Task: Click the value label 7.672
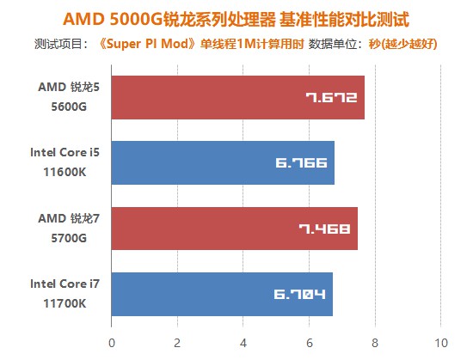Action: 331,97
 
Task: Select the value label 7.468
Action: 324,229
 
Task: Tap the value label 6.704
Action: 299,295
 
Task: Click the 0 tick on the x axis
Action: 111,342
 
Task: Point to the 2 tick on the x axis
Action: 177,342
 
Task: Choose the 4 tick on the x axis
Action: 243,342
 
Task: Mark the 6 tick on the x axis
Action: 309,342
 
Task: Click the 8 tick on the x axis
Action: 374,342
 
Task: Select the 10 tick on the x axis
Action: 440,342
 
